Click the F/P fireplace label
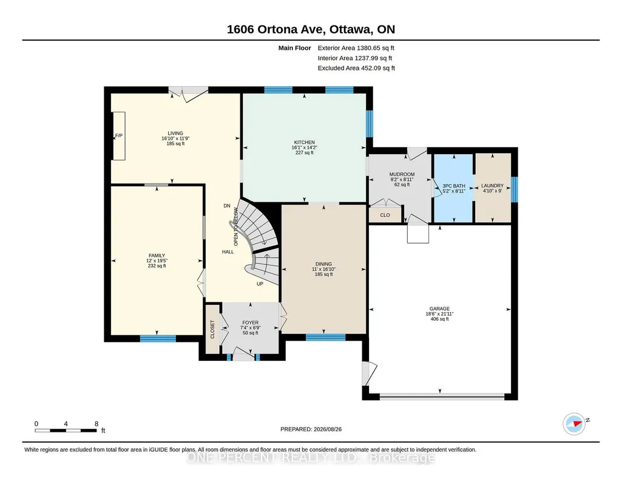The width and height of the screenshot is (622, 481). tap(118, 135)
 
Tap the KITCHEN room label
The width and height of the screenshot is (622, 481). tap(304, 142)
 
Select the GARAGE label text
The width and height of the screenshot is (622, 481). tap(439, 309)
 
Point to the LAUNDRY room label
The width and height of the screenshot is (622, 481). tap(492, 185)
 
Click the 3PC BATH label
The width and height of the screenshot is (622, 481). tap(454, 186)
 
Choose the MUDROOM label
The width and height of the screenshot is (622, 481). tap(402, 174)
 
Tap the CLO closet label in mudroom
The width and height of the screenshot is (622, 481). tap(385, 215)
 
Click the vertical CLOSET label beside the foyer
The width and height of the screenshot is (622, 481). tap(212, 329)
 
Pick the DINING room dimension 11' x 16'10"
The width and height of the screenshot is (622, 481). tap(323, 269)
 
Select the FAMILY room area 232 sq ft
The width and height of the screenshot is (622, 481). tap(157, 266)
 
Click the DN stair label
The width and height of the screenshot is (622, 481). tap(227, 205)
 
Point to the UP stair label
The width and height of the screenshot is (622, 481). tap(260, 284)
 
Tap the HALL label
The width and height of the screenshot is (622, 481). tap(228, 251)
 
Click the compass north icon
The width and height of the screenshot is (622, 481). tap(574, 424)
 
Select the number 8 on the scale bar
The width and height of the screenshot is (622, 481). tap(96, 424)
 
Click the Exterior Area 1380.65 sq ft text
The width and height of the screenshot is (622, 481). tap(356, 48)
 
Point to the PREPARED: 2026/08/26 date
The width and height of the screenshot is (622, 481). tap(311, 429)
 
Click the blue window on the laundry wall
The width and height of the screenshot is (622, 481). tap(515, 189)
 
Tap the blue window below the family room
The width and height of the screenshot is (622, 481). tap(158, 338)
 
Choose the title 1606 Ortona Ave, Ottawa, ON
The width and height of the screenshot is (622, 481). tap(311, 29)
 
